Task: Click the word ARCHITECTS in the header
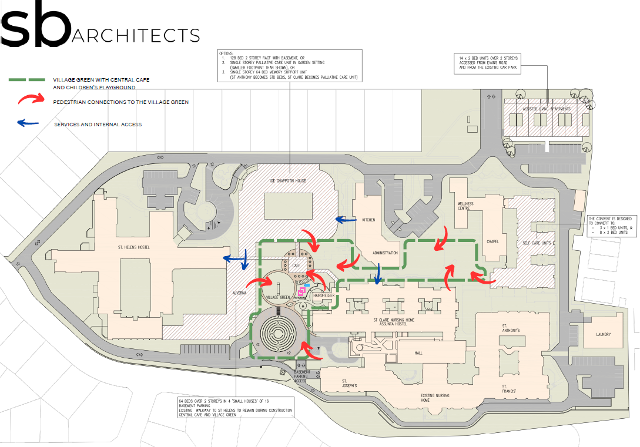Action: (135, 35)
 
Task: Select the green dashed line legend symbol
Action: (27, 79)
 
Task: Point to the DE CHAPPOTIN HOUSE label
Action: (288, 180)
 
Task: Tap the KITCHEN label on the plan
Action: (368, 220)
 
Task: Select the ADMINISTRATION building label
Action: (386, 253)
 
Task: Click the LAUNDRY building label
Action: (602, 335)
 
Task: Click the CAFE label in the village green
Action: (296, 265)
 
